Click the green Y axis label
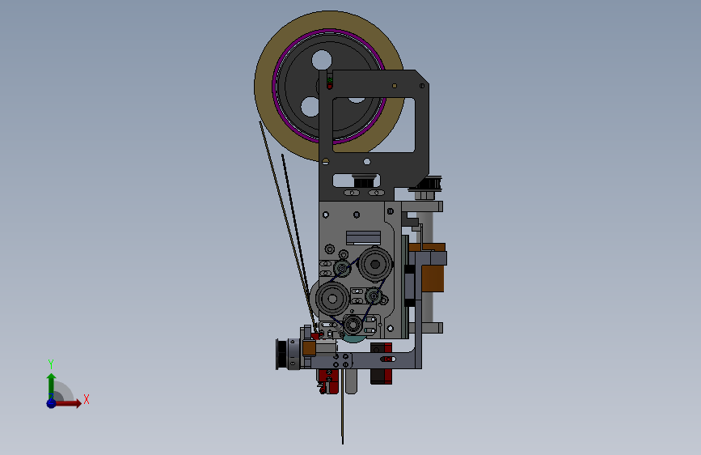click(x=51, y=364)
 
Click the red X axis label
click(x=87, y=399)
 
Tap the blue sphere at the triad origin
click(x=52, y=403)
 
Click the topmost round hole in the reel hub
click(x=322, y=60)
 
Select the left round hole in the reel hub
click(x=310, y=107)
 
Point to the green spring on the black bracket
click(x=330, y=81)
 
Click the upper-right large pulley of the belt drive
click(x=375, y=264)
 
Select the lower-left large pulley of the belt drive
click(x=332, y=298)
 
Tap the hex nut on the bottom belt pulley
click(x=353, y=324)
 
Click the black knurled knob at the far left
click(x=282, y=355)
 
